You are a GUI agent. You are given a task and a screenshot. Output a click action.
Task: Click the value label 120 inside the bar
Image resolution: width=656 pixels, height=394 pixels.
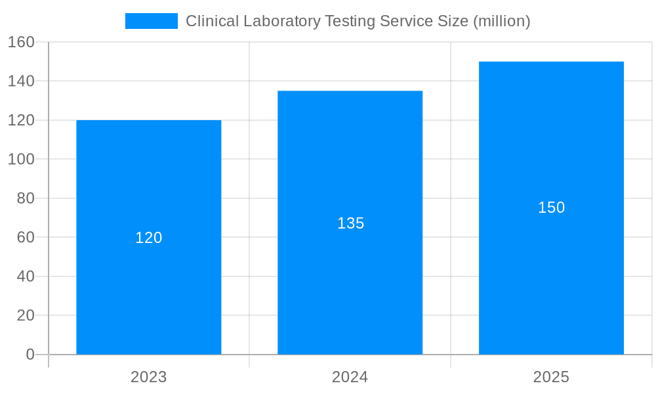click(x=149, y=238)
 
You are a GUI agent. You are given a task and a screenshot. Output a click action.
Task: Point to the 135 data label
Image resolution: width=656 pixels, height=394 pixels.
click(x=350, y=223)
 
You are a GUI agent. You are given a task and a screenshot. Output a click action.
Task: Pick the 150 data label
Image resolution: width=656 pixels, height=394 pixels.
click(x=551, y=208)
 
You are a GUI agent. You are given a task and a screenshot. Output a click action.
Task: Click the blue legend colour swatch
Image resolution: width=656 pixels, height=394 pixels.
click(x=152, y=21)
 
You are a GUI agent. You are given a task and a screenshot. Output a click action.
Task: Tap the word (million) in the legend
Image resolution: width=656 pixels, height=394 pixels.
click(x=502, y=21)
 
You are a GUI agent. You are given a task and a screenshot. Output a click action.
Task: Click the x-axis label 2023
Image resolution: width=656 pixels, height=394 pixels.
click(x=149, y=377)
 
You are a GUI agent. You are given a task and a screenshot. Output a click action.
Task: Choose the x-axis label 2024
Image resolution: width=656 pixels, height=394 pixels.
click(x=350, y=377)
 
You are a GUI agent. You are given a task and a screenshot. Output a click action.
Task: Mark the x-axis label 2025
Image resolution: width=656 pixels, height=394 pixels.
click(x=551, y=377)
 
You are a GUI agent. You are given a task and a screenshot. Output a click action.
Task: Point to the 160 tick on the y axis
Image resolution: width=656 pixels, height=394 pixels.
click(x=21, y=42)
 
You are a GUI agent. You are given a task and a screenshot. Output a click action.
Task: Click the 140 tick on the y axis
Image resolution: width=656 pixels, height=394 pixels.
click(x=21, y=81)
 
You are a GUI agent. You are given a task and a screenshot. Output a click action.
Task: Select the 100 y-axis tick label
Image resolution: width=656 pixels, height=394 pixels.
click(x=21, y=159)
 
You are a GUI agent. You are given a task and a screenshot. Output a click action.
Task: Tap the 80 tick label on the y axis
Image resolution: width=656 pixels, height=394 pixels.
click(x=25, y=198)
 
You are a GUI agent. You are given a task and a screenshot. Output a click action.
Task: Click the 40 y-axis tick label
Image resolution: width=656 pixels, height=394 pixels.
click(x=25, y=276)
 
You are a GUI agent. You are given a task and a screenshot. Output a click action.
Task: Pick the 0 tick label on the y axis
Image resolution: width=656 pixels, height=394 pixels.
click(x=30, y=355)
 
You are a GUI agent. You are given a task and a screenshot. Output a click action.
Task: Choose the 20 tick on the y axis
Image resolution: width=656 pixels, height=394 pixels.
click(x=25, y=315)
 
